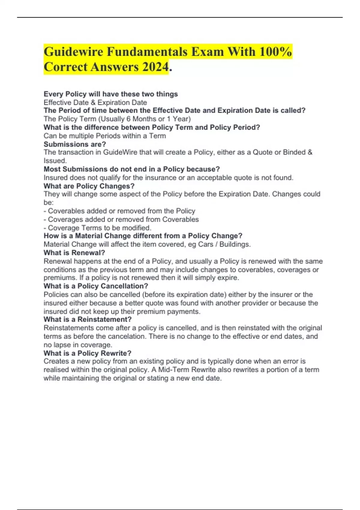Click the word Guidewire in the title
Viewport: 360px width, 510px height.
73,52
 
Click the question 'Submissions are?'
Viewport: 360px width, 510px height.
75,144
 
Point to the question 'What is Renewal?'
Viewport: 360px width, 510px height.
74,253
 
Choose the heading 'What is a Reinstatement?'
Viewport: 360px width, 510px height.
88,319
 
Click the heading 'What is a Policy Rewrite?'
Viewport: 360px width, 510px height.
87,353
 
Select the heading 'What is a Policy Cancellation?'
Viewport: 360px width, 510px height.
96,286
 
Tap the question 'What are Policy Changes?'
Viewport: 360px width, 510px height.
89,186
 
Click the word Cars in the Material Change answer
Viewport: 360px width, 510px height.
205,244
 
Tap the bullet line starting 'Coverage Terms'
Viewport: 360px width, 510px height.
97,228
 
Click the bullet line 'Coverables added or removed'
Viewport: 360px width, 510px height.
119,211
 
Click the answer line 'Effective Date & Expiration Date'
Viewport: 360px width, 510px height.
95,103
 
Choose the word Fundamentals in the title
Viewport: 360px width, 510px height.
149,52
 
